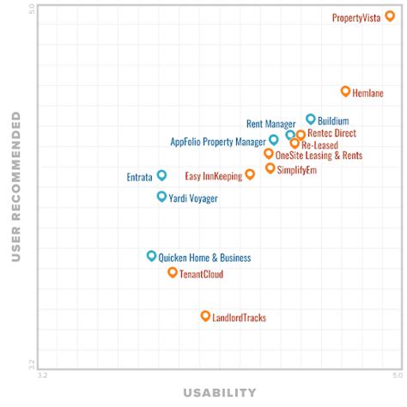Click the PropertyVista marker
(x=390, y=16)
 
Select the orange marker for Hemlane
(x=345, y=91)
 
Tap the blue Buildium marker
(x=311, y=119)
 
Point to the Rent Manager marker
(x=290, y=135)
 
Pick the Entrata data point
(x=161, y=175)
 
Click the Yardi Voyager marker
(x=161, y=197)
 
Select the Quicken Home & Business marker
(x=151, y=256)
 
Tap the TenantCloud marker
(x=173, y=272)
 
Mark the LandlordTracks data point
(x=205, y=316)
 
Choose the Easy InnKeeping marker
(x=250, y=174)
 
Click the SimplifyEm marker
(x=270, y=168)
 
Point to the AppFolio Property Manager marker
(x=274, y=140)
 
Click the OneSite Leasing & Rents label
(x=319, y=155)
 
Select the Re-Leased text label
(x=319, y=145)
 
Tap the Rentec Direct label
(x=331, y=134)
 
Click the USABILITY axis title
(x=219, y=393)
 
